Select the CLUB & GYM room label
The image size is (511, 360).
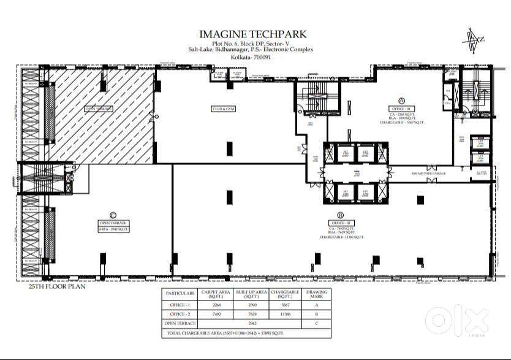(x=224, y=109)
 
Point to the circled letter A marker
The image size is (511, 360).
(x=402, y=100)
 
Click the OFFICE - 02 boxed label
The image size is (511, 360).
(x=339, y=222)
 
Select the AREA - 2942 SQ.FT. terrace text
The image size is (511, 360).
(x=112, y=228)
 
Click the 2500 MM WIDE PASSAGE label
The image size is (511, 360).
(x=429, y=174)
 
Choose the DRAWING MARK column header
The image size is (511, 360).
(x=316, y=293)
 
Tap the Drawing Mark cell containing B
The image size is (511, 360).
(x=316, y=313)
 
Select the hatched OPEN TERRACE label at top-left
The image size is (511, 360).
(x=99, y=109)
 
